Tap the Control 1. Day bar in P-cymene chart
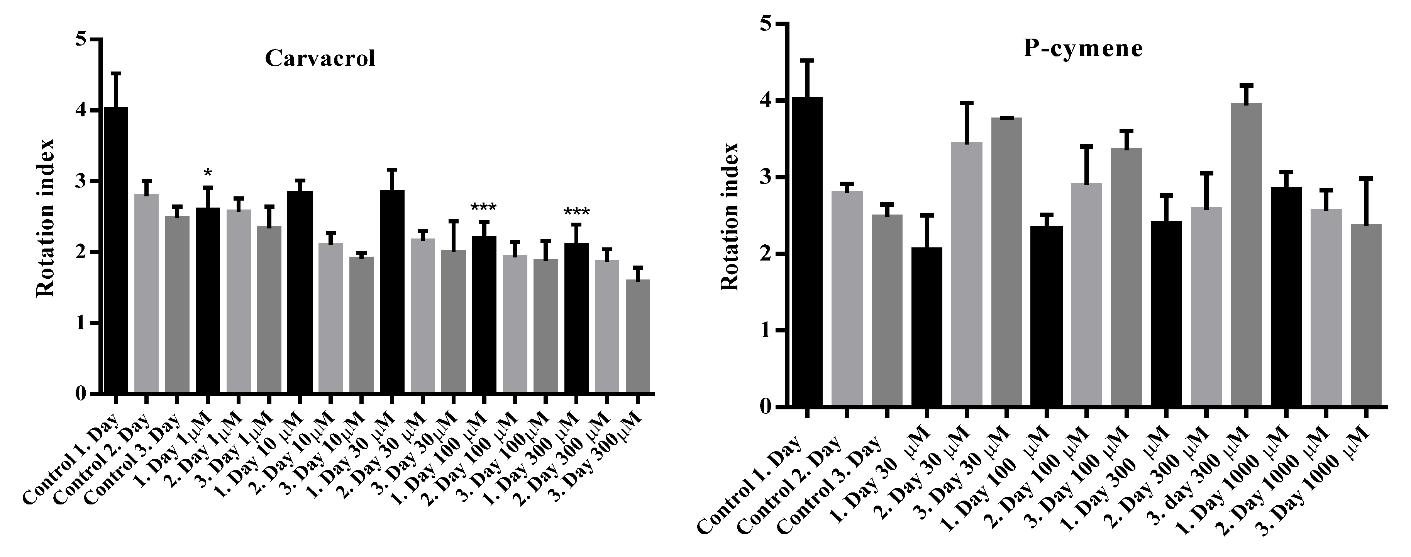(x=806, y=252)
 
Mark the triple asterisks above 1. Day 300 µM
(x=576, y=212)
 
